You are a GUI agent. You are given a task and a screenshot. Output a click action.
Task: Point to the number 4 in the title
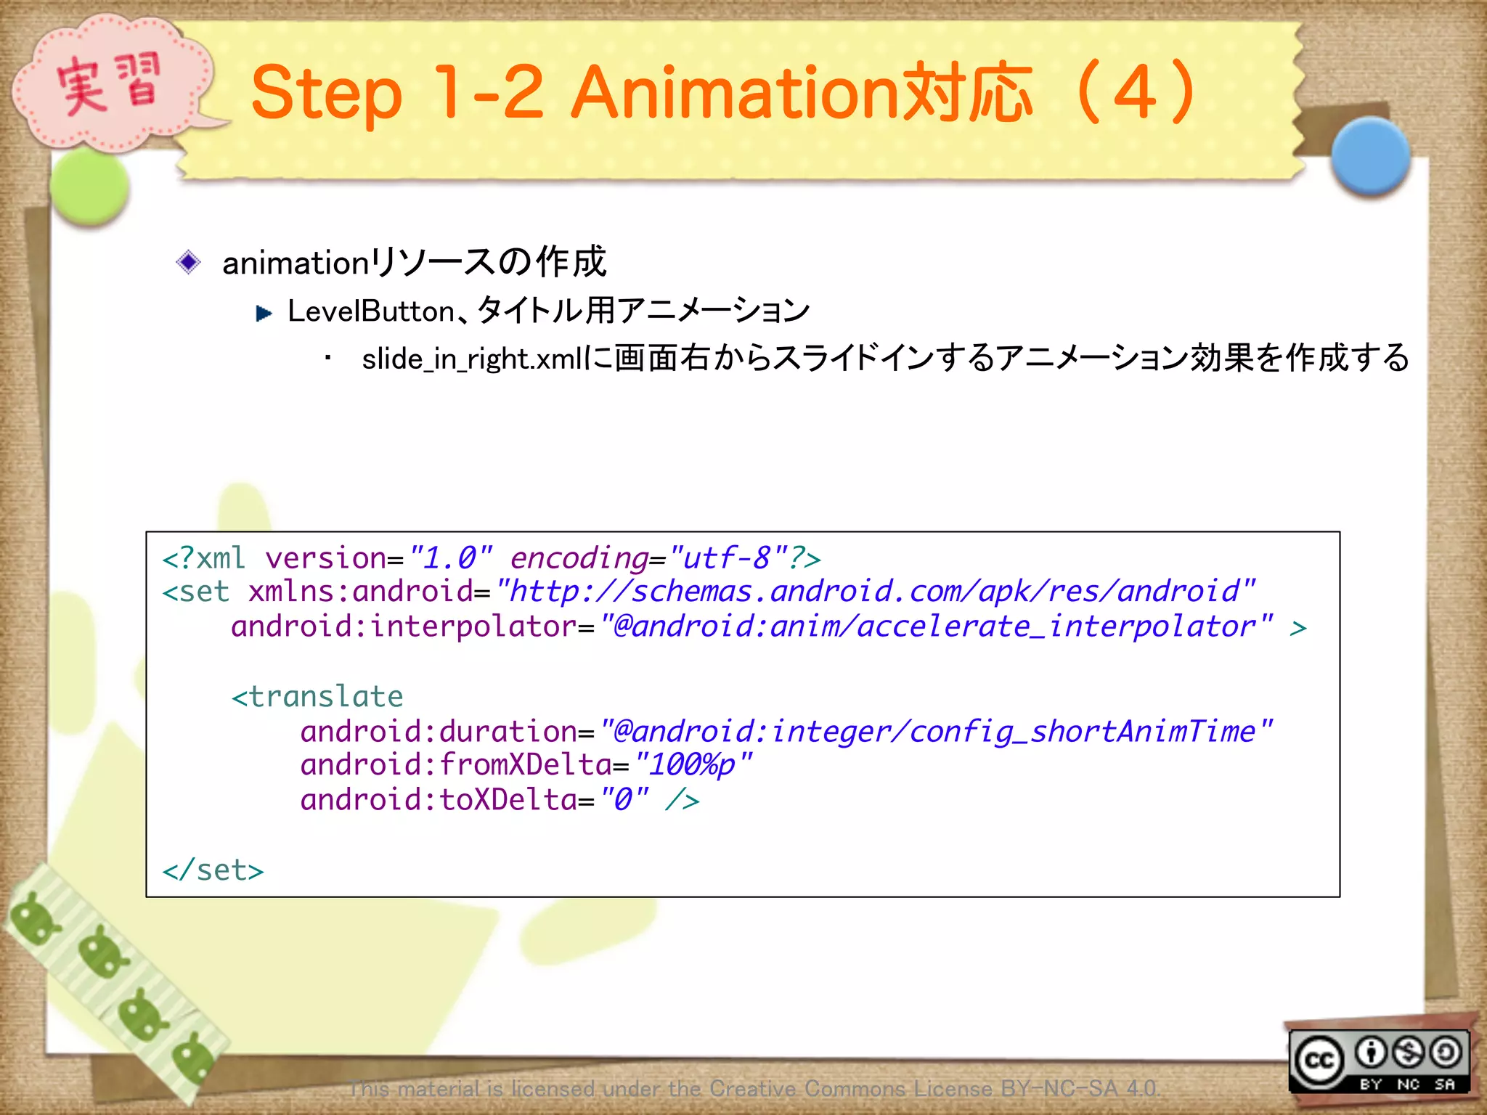click(x=1134, y=92)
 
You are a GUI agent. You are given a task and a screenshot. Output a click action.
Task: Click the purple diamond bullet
click(x=188, y=262)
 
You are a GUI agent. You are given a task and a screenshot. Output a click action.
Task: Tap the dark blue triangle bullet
click(x=264, y=314)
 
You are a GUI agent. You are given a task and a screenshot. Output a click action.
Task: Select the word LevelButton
click(x=371, y=311)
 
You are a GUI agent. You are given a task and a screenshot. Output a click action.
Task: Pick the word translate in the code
click(x=326, y=697)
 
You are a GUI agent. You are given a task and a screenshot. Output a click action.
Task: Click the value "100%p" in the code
click(x=693, y=765)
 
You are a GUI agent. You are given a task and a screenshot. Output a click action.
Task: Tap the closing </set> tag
click(x=213, y=870)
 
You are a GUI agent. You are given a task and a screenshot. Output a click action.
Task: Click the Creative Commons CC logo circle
click(x=1319, y=1061)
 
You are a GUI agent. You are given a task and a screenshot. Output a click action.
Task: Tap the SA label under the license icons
click(x=1445, y=1085)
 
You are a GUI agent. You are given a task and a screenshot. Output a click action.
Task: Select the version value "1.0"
click(x=451, y=558)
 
